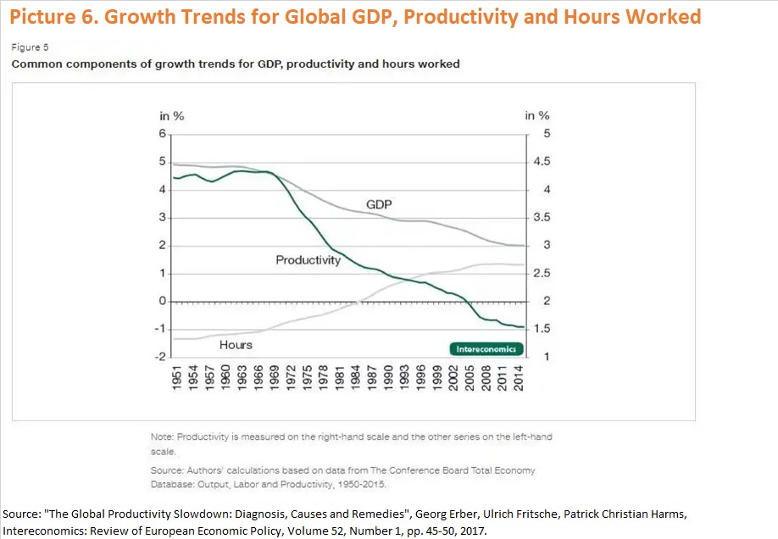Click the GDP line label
click(x=379, y=204)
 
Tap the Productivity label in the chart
click(x=308, y=260)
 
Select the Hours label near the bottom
click(x=236, y=345)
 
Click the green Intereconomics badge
click(x=486, y=349)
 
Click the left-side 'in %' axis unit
click(x=172, y=116)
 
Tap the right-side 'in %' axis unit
click(x=537, y=116)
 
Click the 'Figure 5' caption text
click(x=27, y=48)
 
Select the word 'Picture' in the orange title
click(x=43, y=17)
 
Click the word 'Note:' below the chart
click(x=162, y=436)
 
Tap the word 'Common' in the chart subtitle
click(x=34, y=64)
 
